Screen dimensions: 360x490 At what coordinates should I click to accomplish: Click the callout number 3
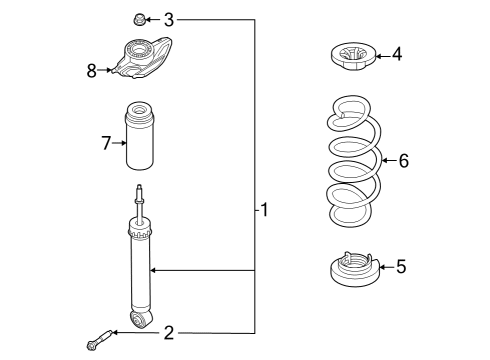169,19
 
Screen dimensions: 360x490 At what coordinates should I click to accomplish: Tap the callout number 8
92,70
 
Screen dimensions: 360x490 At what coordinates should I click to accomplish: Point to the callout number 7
106,144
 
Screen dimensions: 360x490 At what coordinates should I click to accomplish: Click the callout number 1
264,210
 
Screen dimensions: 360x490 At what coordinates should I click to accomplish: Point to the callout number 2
169,332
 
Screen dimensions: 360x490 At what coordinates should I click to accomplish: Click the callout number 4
396,54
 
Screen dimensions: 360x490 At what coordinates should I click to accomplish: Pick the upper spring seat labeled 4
352,57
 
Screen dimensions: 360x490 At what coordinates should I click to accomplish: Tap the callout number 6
403,160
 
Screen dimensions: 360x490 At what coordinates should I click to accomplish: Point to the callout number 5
400,266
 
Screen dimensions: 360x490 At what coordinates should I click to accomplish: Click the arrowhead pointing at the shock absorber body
152,270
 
